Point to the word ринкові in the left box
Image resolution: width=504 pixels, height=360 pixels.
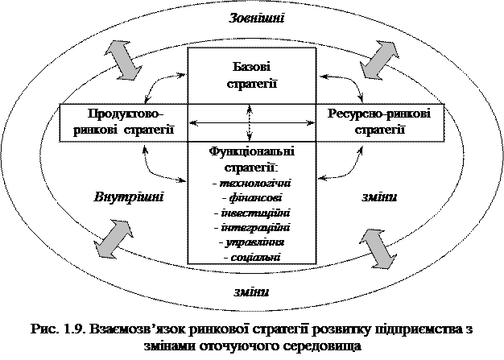click(x=97, y=129)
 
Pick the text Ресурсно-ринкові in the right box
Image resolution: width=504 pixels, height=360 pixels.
click(x=379, y=114)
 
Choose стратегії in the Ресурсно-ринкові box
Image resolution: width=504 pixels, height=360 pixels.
click(x=379, y=129)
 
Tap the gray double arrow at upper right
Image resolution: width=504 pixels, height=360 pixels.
click(x=378, y=60)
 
